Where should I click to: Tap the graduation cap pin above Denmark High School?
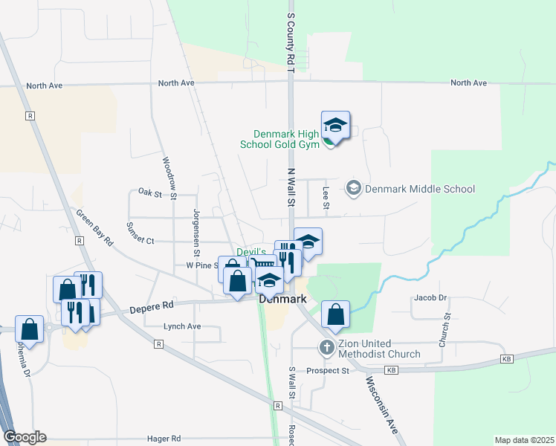[x=335, y=126]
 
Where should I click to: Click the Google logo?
[x=25, y=437]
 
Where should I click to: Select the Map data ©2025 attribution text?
[x=524, y=440]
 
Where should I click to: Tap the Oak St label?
[x=149, y=193]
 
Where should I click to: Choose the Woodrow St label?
[x=169, y=178]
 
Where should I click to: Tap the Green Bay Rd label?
[x=94, y=227]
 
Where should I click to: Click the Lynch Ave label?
[x=182, y=326]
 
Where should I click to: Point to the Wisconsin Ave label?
[x=381, y=405]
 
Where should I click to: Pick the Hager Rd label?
[x=164, y=439]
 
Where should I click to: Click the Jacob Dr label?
[x=431, y=298]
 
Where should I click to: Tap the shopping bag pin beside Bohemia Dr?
[x=29, y=327]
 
